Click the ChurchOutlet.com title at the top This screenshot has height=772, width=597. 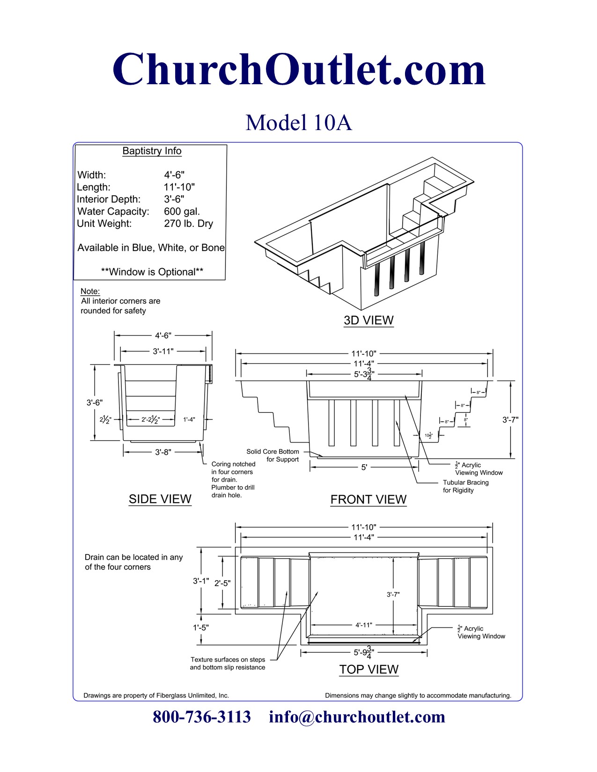299,69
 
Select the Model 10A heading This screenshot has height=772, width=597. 299,123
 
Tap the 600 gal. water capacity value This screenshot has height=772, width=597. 182,211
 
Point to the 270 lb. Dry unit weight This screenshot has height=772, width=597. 188,224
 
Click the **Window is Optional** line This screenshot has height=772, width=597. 152,272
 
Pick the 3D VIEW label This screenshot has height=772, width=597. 369,320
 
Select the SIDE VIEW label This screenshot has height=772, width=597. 160,499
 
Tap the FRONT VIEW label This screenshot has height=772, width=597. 369,500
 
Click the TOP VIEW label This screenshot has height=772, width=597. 369,670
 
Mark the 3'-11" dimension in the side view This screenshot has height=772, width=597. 163,351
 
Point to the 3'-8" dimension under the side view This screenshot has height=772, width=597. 163,452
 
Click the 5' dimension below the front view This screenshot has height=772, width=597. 364,467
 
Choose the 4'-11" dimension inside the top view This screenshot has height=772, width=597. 363,625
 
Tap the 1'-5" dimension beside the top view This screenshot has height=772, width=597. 201,627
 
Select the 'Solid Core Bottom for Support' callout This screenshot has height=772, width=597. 273,455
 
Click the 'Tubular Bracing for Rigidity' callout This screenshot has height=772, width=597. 465,486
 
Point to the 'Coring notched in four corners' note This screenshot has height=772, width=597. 233,480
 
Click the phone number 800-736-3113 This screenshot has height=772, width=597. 202,717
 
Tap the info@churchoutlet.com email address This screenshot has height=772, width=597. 357,717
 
